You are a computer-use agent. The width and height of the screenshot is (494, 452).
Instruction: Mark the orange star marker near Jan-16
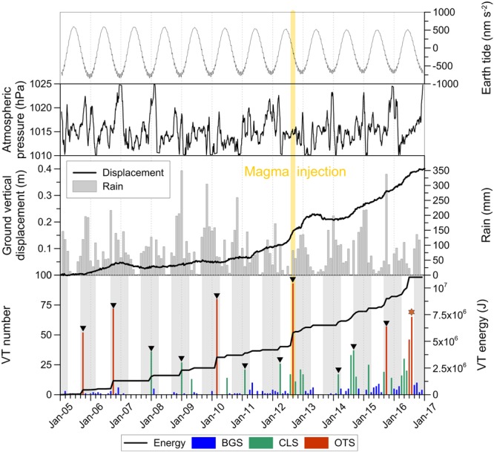(411, 312)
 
